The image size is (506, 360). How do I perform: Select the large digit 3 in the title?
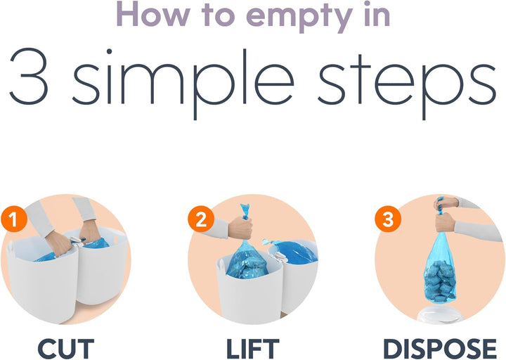click(30, 77)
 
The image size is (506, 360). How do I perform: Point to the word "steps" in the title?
click(407, 83)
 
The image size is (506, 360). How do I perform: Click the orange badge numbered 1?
click(14, 220)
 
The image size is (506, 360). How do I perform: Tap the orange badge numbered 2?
click(201, 219)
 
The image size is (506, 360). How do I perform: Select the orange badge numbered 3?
click(388, 219)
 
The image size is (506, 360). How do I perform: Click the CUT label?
click(65, 349)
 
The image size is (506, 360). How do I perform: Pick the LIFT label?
click(253, 349)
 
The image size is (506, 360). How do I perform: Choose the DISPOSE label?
click(439, 349)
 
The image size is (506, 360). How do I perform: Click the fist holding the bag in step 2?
click(240, 227)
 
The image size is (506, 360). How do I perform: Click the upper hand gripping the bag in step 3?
click(447, 203)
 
